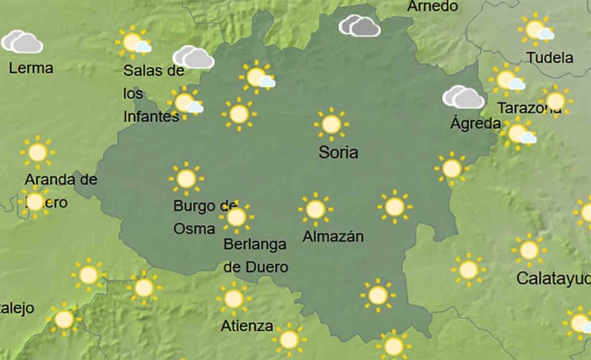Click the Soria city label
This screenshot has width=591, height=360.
(x=339, y=152)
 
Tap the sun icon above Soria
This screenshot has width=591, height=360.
(x=331, y=125)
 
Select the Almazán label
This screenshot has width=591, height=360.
(x=334, y=236)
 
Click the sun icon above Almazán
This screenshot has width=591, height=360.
(x=315, y=210)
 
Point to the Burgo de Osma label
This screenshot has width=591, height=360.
(x=205, y=217)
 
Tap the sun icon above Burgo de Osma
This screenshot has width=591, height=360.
(x=186, y=179)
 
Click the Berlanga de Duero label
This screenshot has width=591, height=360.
(x=256, y=255)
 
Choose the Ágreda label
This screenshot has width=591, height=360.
(x=475, y=124)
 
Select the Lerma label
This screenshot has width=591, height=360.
(x=31, y=68)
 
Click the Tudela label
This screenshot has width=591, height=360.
(x=550, y=58)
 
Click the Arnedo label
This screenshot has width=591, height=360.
(x=433, y=7)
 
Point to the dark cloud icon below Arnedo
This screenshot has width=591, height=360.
(x=360, y=26)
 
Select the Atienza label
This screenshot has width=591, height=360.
(x=247, y=325)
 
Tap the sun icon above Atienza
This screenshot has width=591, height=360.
(x=234, y=298)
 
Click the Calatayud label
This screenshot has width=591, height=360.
(x=553, y=278)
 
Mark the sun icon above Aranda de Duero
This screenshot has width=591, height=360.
(x=36, y=152)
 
